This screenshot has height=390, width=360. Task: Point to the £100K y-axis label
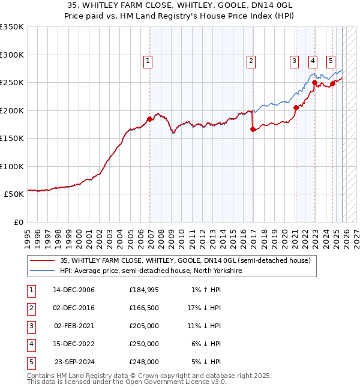(12, 166)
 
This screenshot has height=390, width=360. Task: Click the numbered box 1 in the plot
(148, 60)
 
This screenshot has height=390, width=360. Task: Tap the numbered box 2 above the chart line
(250, 60)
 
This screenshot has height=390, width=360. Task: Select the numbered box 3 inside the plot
(295, 60)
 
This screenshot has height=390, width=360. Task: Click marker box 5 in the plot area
(331, 60)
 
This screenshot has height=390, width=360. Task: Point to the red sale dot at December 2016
(252, 129)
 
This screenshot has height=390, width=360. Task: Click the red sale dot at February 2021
(295, 108)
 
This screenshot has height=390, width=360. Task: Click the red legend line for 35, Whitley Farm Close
(42, 260)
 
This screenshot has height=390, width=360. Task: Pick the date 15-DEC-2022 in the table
(74, 344)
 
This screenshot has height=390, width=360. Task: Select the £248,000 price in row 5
(143, 362)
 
